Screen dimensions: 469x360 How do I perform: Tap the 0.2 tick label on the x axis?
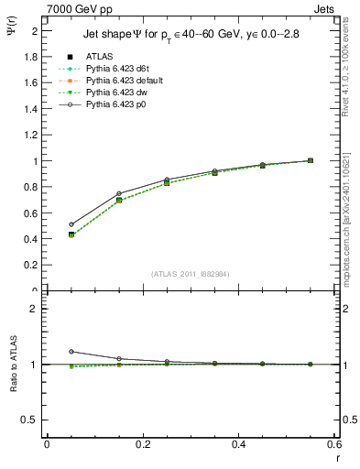(142, 445)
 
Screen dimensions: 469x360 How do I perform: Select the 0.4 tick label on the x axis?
(239, 445)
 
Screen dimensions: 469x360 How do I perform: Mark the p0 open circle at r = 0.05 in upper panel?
(71, 224)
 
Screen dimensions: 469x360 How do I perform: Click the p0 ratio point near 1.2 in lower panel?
(71, 352)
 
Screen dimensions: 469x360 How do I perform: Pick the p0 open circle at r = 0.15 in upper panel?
(119, 193)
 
